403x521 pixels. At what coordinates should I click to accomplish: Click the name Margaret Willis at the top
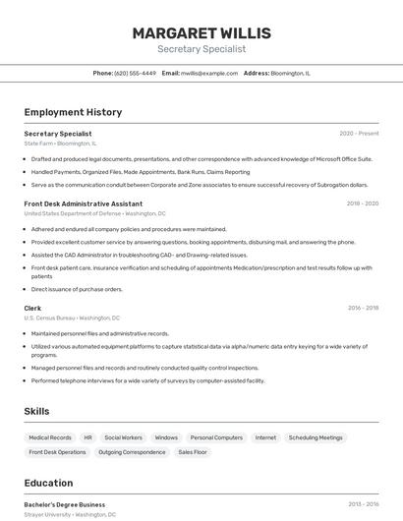tap(201, 33)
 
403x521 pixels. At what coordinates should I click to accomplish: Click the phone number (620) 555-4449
tap(135, 73)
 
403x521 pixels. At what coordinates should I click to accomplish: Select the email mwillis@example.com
tap(209, 73)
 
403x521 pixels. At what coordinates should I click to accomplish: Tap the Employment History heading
tap(73, 112)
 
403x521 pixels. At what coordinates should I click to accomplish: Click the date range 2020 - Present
tap(359, 134)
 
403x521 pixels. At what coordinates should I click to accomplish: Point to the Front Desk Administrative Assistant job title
tap(84, 203)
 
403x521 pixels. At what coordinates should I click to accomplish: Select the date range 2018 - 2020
tap(362, 203)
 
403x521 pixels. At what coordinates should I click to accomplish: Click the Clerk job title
tap(33, 308)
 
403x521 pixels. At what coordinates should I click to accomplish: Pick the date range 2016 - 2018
tap(363, 308)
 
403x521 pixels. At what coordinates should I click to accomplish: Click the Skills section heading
tap(37, 411)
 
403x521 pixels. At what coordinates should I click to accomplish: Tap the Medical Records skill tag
tap(50, 437)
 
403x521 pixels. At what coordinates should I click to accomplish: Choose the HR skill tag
tap(88, 437)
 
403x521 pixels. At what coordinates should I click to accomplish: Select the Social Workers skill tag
tap(124, 437)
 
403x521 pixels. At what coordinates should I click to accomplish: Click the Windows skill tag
tap(166, 437)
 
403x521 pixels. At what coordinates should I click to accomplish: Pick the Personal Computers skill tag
tap(216, 437)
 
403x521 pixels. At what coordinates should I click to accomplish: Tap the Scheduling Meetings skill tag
tap(316, 437)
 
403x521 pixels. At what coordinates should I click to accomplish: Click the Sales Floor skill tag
tap(193, 452)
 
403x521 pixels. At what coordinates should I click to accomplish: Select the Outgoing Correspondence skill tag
tap(132, 452)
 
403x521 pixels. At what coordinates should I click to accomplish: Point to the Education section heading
tap(48, 483)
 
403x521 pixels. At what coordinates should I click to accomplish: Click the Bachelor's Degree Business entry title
tap(65, 504)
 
